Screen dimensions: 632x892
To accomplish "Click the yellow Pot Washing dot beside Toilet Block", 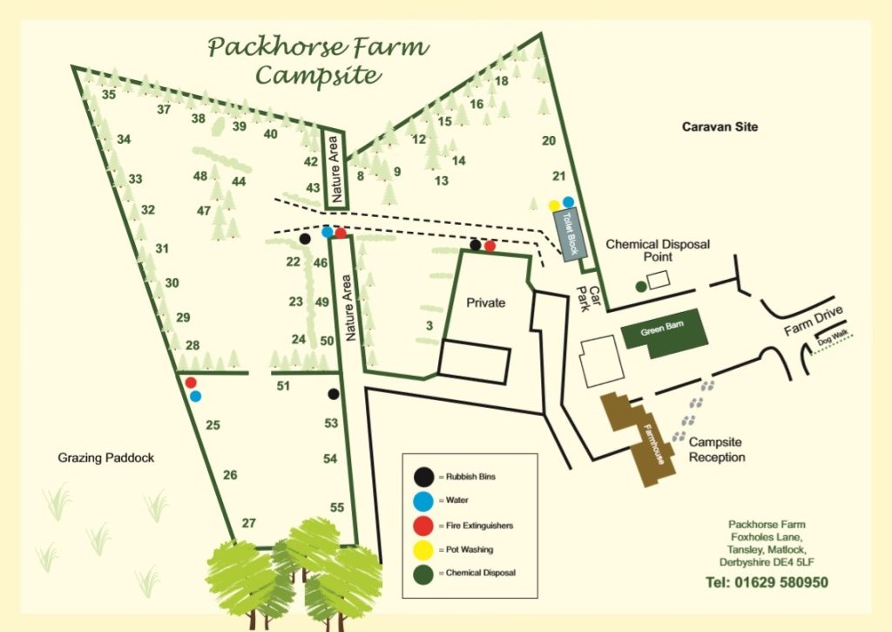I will (x=554, y=205).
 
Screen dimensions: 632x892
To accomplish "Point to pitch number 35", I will (x=109, y=94).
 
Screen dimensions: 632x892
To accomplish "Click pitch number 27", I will (x=249, y=523).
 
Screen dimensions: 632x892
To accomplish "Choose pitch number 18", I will (x=501, y=81).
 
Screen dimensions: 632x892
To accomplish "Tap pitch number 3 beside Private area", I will (x=429, y=326).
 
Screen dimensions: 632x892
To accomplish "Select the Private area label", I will (x=485, y=302).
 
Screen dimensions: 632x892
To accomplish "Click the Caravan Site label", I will (x=720, y=127).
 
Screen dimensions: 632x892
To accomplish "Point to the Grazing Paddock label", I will (x=106, y=458).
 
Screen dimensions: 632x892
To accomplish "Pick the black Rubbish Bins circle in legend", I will (x=423, y=477).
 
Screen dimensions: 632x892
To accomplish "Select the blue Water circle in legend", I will (x=423, y=501).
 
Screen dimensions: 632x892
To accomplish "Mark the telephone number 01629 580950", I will (x=766, y=582).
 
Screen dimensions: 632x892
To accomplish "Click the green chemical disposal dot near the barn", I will (x=641, y=285).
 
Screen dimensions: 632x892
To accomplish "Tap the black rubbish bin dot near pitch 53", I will (x=333, y=394).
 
